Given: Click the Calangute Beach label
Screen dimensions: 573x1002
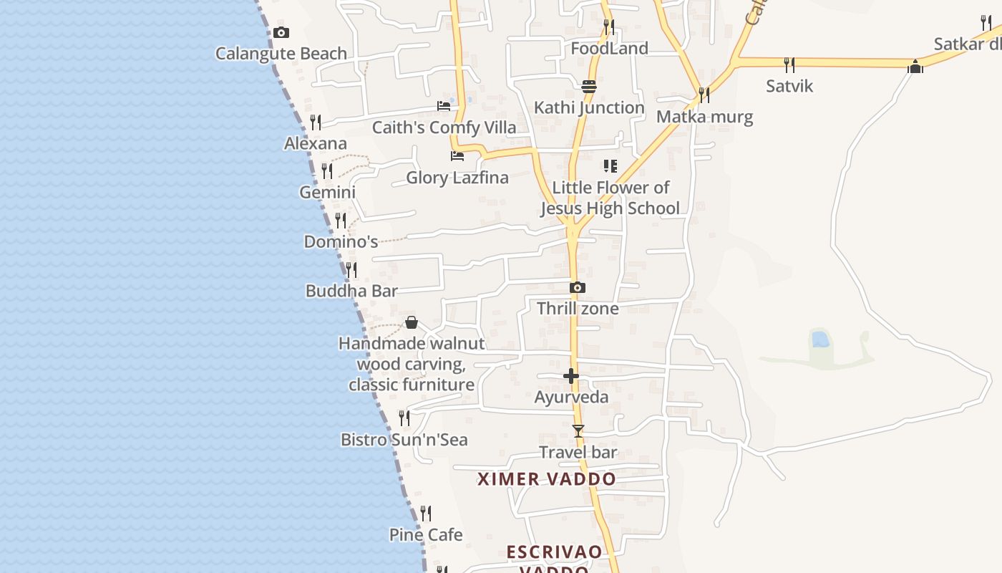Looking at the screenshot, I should [x=281, y=54].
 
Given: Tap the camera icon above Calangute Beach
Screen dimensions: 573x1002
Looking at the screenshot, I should [x=281, y=32].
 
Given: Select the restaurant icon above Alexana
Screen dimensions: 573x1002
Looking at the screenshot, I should [x=315, y=122].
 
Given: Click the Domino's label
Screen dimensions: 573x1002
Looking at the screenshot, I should [x=341, y=242].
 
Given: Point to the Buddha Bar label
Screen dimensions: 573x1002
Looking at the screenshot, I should [x=351, y=291].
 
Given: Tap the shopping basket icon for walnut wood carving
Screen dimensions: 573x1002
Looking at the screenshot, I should [x=411, y=322].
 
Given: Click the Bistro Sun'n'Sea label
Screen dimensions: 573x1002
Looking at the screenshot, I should [x=404, y=440].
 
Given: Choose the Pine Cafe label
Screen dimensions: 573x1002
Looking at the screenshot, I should [x=426, y=535].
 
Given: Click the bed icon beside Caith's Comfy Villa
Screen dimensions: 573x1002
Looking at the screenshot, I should [x=444, y=106].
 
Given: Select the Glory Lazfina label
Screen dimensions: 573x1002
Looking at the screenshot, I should [x=457, y=178].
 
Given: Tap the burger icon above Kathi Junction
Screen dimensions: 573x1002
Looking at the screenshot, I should [x=589, y=87].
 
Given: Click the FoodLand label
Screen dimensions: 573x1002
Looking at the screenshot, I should [x=609, y=49].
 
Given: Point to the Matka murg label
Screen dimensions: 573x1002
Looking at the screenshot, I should [x=704, y=117].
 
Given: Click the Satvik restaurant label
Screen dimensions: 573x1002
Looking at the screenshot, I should [x=789, y=86].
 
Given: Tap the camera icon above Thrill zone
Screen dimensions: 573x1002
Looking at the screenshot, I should [x=578, y=288].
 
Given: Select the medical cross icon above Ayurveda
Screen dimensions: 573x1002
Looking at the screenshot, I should [x=571, y=376].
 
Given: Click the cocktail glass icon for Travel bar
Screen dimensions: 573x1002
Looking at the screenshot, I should [x=578, y=431].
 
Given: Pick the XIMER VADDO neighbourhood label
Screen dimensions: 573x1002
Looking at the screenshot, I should [x=547, y=479].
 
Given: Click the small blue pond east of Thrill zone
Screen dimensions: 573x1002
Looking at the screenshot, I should [x=820, y=339].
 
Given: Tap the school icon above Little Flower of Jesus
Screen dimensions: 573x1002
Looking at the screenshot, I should [x=611, y=166].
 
